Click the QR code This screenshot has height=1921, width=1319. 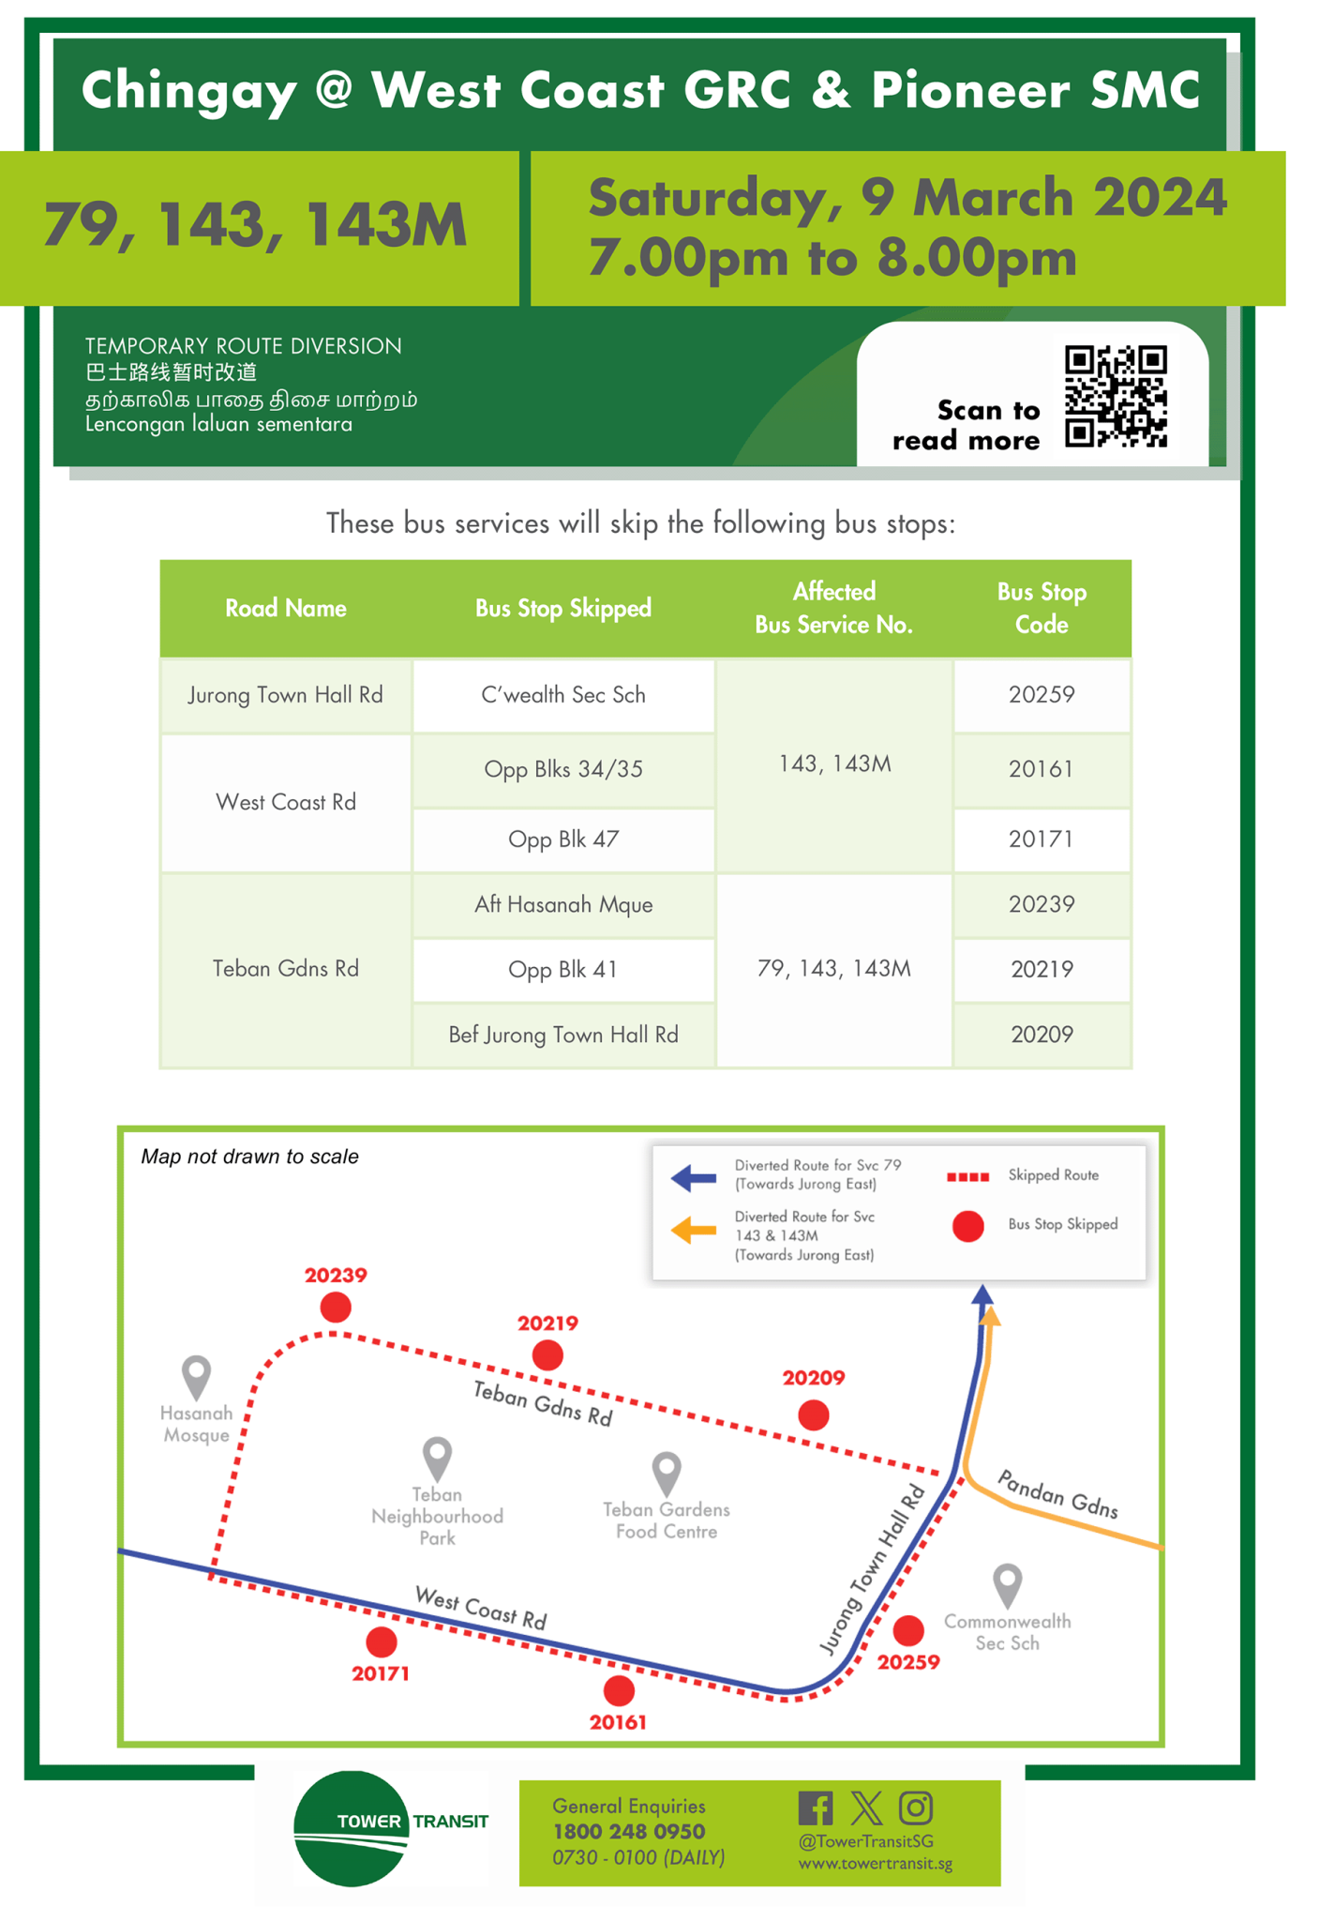click(x=1116, y=396)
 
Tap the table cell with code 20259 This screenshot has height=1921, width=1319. click(x=1041, y=695)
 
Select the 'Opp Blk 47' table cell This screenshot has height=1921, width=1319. click(x=562, y=839)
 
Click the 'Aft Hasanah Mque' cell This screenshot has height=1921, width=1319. click(x=562, y=905)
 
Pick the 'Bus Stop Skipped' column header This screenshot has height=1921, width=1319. click(x=562, y=609)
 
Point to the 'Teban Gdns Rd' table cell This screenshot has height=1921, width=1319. click(x=285, y=969)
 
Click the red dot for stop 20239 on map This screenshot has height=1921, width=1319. click(x=336, y=1307)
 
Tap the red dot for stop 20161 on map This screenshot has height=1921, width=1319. click(x=619, y=1690)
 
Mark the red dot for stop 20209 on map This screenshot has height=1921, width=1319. click(x=813, y=1414)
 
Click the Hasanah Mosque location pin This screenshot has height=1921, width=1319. click(x=196, y=1376)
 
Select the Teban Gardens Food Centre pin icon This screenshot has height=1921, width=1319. click(x=667, y=1473)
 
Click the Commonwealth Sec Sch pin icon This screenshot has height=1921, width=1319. click(x=1007, y=1584)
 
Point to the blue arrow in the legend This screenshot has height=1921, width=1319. click(x=694, y=1177)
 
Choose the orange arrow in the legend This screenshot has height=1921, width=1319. click(x=694, y=1230)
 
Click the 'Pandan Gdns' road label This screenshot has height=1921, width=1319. click(x=1057, y=1493)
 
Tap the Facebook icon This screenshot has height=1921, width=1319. click(x=815, y=1808)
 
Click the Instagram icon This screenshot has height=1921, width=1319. click(x=915, y=1808)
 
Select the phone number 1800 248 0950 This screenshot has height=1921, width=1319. click(x=628, y=1832)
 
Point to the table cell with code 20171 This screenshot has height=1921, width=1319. click(x=1041, y=839)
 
